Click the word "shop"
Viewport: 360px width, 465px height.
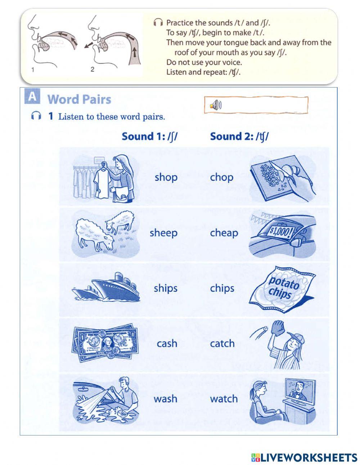[x=166, y=177]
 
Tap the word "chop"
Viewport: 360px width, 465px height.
[x=221, y=177]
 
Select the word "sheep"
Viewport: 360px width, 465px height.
[x=163, y=233]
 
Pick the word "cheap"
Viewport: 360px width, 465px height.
[x=224, y=233]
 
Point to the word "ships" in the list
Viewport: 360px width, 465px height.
[x=165, y=288]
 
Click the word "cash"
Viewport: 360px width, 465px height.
[x=167, y=343]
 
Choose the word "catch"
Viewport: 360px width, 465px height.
[x=222, y=343]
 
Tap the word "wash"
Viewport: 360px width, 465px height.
[x=165, y=399]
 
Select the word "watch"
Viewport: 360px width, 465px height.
[x=224, y=399]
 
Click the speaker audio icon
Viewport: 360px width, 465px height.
[x=216, y=105]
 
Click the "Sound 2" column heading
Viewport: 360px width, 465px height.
[x=239, y=137]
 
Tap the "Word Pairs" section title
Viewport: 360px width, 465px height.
[x=79, y=99]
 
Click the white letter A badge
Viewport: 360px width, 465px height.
[x=32, y=97]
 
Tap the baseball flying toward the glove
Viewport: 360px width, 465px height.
[x=266, y=328]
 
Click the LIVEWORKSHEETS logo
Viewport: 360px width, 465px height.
[x=304, y=457]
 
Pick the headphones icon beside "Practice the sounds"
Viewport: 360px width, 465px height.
[x=158, y=23]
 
